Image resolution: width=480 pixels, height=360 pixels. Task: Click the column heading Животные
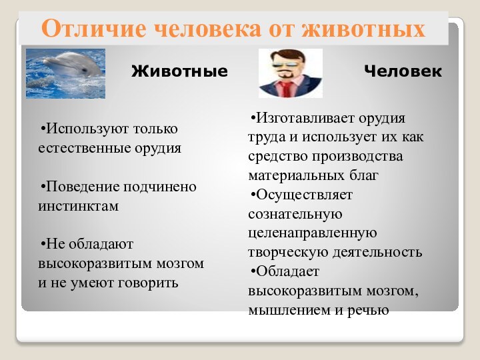(179, 71)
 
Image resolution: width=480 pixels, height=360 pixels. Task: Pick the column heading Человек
(403, 71)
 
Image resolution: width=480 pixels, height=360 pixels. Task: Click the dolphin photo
(65, 73)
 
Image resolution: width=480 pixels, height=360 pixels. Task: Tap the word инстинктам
(78, 205)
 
